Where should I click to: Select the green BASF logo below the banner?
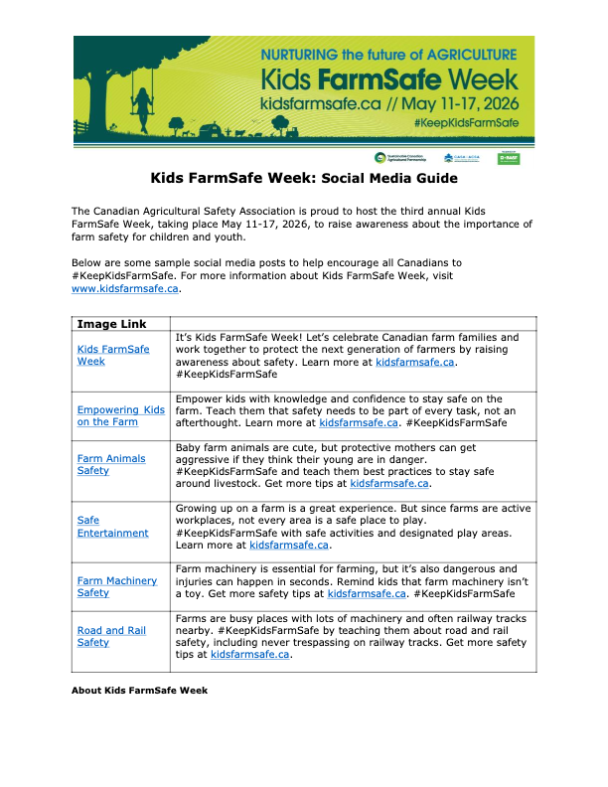pyautogui.click(x=509, y=158)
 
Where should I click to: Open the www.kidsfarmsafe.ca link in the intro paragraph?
pyautogui.click(x=125, y=289)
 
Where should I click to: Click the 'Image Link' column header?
pyautogui.click(x=111, y=324)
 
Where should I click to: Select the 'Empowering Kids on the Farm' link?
pyautogui.click(x=120, y=415)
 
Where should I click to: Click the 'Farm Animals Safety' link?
pyautogui.click(x=111, y=464)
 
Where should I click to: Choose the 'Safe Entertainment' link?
pyautogui.click(x=112, y=526)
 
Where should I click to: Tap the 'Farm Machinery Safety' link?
pyautogui.click(x=117, y=586)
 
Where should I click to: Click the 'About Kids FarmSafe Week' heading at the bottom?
pyautogui.click(x=139, y=690)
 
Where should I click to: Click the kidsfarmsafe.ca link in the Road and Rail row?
pyautogui.click(x=250, y=655)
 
